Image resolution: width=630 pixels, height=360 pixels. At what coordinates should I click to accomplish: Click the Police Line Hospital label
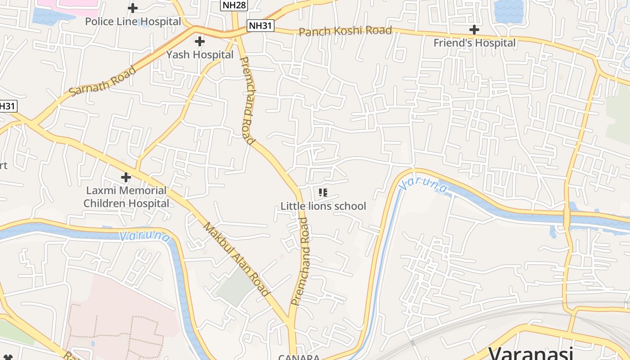[x=133, y=22]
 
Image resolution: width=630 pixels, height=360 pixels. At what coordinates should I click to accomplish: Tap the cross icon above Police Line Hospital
[x=133, y=8]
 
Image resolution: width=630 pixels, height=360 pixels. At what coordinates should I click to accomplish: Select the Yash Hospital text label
[x=200, y=55]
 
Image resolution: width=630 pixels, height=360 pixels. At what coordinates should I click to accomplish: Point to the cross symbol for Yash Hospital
[x=199, y=42]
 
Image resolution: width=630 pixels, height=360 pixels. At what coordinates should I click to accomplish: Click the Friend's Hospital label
[x=474, y=43]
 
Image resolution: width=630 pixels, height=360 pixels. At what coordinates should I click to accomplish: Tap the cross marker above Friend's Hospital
[x=474, y=30]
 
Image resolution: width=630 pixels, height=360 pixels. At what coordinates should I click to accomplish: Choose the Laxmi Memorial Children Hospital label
[x=126, y=197]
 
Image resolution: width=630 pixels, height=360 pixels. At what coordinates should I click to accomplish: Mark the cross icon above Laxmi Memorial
[x=126, y=177]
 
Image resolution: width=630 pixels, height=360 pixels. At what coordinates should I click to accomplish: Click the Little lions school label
[x=323, y=206]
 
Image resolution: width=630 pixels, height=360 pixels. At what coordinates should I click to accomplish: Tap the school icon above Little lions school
[x=323, y=193]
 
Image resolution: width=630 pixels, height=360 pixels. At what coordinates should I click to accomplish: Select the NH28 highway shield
[x=234, y=5]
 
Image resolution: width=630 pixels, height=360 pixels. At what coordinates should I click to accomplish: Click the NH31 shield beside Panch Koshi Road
[x=261, y=26]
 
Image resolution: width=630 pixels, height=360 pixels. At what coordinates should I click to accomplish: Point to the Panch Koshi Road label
[x=345, y=31]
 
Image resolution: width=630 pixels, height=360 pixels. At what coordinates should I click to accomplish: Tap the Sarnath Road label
[x=103, y=81]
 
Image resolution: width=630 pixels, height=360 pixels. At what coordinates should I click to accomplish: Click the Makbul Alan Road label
[x=237, y=259]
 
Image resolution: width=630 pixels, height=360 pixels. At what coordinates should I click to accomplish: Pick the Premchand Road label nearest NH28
[x=247, y=100]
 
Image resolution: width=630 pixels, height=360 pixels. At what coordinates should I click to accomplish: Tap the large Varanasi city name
[x=531, y=353]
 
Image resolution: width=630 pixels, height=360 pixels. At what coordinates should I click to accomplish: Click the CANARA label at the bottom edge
[x=299, y=357]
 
